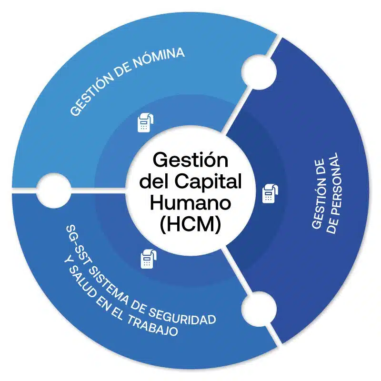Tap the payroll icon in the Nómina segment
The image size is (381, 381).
pyautogui.click(x=144, y=122)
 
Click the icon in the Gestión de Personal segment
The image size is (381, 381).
pyautogui.click(x=270, y=192)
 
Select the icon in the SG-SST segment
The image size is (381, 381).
pyautogui.click(x=147, y=258)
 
